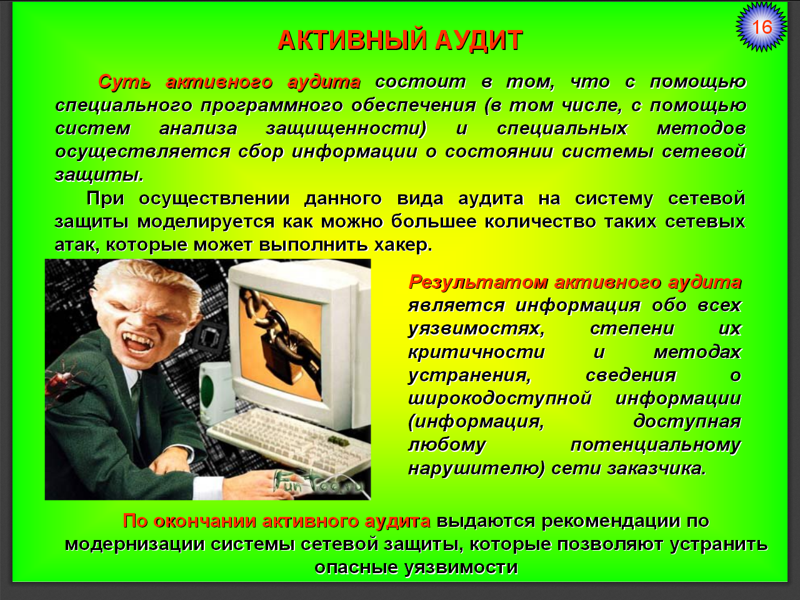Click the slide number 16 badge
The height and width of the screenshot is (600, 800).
point(761,27)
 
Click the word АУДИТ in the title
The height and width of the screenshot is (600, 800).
point(479,40)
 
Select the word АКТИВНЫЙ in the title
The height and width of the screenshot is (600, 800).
point(352,40)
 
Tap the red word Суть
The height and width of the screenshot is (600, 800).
point(124,82)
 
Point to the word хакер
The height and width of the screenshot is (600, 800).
point(403,245)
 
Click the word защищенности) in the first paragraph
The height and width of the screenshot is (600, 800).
point(346,129)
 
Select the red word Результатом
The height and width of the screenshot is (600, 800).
point(478,282)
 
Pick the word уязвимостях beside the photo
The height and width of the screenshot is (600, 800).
point(476,329)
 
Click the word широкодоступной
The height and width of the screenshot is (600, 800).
point(499,399)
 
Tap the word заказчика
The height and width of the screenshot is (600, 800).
point(657,469)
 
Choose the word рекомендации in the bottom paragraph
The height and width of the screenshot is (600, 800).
point(611,521)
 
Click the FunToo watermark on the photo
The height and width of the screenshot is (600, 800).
point(317,482)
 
